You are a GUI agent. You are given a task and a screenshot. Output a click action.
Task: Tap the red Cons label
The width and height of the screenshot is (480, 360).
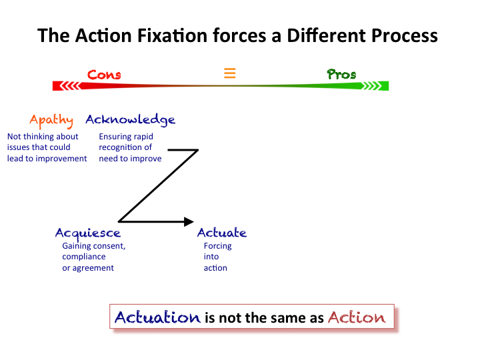point(105,74)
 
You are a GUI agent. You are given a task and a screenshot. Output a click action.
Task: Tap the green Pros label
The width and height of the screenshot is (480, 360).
point(342,74)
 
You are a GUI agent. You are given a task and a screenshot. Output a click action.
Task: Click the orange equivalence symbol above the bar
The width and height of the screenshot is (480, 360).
point(229,73)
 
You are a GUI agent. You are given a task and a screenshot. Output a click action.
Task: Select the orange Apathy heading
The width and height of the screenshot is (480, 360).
point(51,121)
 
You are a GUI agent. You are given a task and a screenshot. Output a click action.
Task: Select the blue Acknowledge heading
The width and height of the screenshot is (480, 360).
point(131,120)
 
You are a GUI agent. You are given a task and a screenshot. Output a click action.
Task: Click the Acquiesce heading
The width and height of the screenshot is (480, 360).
point(88,233)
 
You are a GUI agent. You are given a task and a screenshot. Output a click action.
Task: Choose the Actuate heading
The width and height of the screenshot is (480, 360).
point(222,233)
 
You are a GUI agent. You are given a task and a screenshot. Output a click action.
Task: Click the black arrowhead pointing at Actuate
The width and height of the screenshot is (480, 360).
point(189,221)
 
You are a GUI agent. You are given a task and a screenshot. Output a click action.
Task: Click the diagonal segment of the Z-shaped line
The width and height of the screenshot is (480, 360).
point(158,186)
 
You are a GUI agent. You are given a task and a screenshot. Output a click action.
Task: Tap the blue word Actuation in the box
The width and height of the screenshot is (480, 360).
point(157,317)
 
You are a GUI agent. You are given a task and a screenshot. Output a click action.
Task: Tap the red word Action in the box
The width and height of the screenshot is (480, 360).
point(357,317)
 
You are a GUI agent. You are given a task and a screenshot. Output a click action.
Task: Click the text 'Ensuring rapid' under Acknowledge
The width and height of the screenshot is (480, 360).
point(126,137)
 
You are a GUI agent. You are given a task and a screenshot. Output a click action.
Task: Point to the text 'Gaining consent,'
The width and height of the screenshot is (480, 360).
point(94,246)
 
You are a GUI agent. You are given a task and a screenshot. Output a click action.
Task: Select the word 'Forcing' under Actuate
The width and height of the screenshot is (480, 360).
point(218,246)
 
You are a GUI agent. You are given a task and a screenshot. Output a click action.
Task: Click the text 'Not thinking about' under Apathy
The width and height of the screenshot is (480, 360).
point(43,137)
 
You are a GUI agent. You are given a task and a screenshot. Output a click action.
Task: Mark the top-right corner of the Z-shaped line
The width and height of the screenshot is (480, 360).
point(198,150)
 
